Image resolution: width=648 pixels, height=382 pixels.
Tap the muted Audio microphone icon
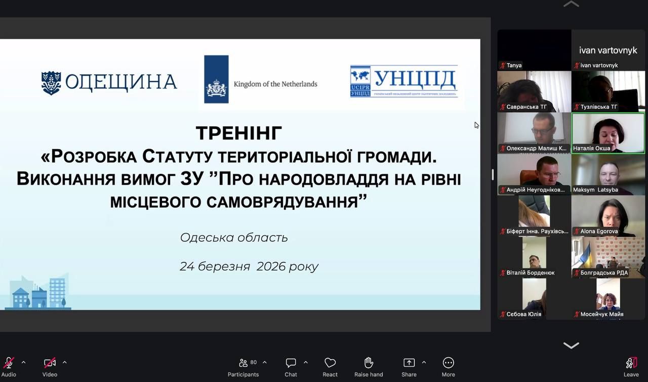point(9,363)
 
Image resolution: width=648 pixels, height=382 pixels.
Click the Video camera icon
point(50,363)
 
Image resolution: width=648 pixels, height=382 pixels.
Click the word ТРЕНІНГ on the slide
point(239,133)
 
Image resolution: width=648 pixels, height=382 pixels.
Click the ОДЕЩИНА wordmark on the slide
point(121,82)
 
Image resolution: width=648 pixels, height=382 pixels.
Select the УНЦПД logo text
point(415,79)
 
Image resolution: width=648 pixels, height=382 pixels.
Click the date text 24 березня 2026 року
point(249,266)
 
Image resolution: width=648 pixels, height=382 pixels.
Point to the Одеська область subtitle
point(234,237)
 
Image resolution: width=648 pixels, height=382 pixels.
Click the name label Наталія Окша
point(591,149)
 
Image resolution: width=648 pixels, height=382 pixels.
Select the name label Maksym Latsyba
point(595,190)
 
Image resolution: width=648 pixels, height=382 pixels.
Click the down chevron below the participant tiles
point(571,346)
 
